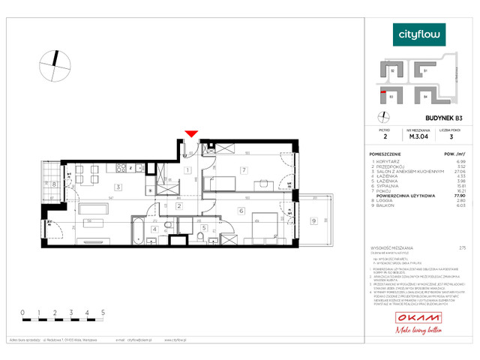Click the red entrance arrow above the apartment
click(191, 133)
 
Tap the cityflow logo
click(419, 34)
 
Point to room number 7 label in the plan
click(243, 171)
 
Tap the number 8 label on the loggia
click(54, 184)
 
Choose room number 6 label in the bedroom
click(241, 211)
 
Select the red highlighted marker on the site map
click(384, 92)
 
